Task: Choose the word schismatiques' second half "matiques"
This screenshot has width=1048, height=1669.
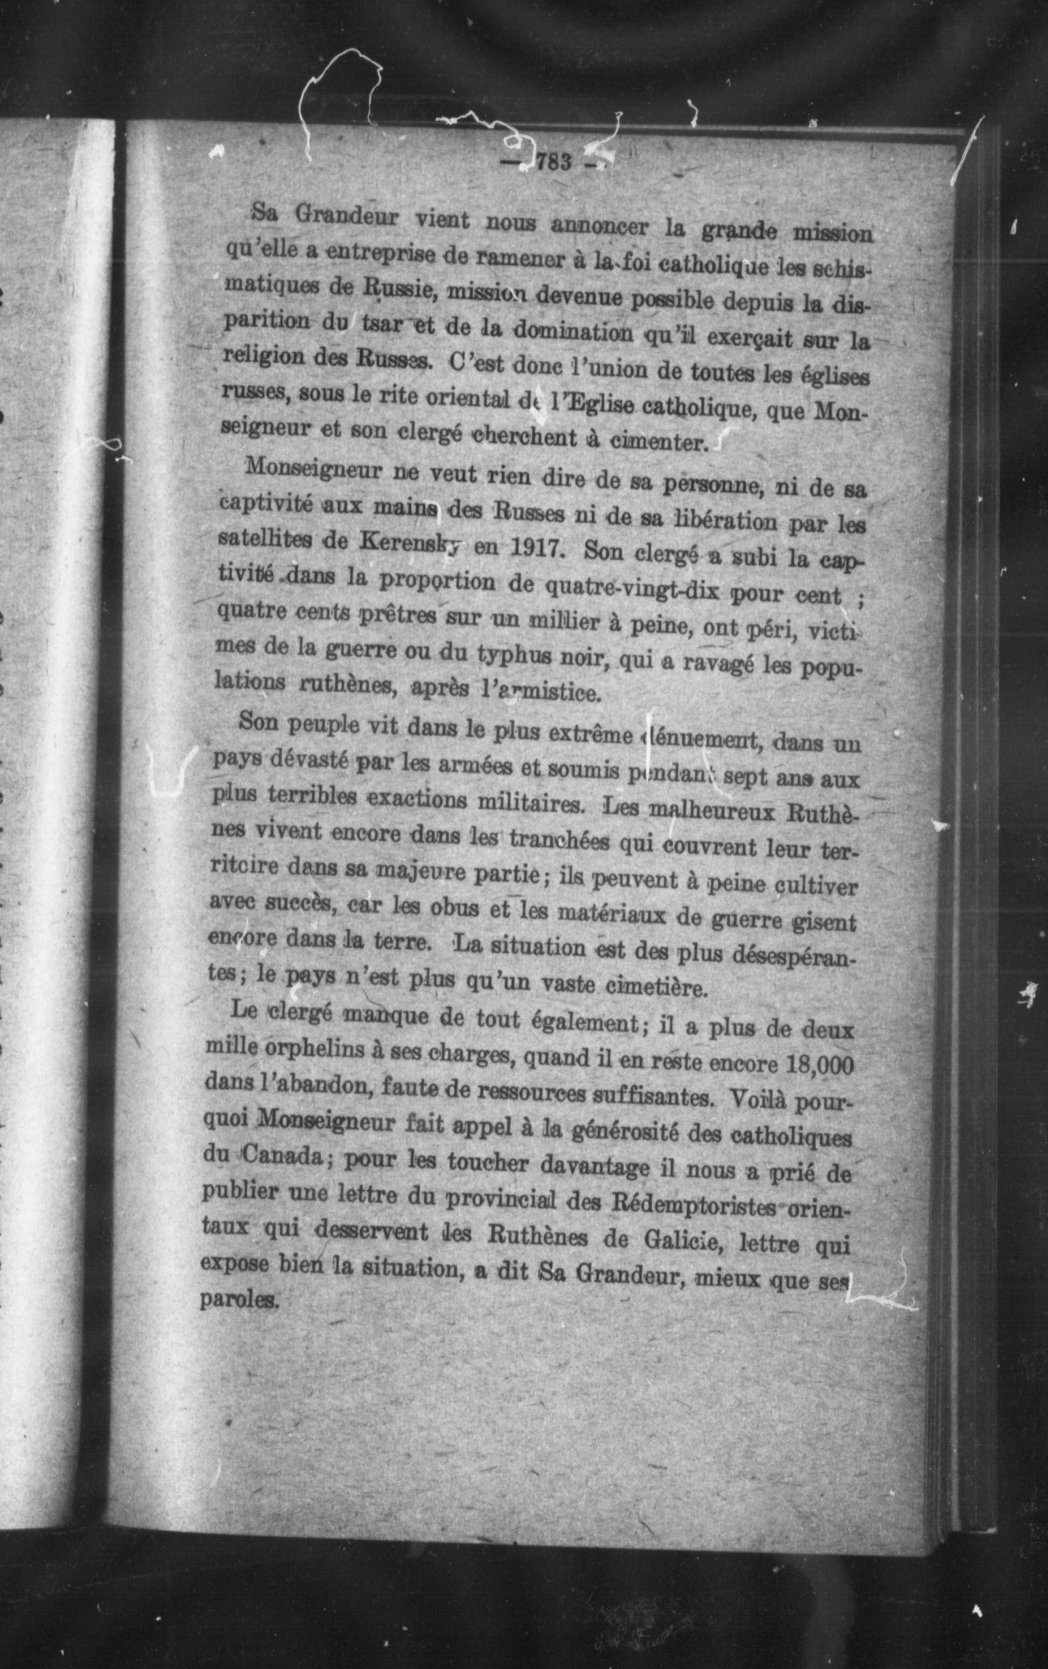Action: point(267,285)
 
